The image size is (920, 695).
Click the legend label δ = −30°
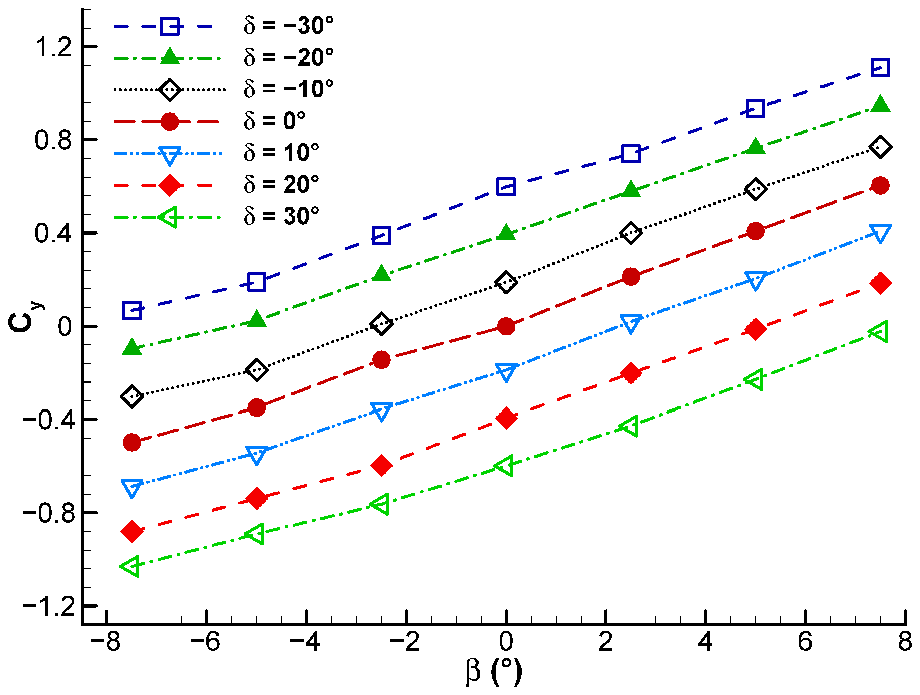[x=288, y=26]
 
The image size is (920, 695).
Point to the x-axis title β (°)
[x=494, y=672]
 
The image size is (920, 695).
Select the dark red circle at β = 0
[x=506, y=326]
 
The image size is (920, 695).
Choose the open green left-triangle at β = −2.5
[x=380, y=504]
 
